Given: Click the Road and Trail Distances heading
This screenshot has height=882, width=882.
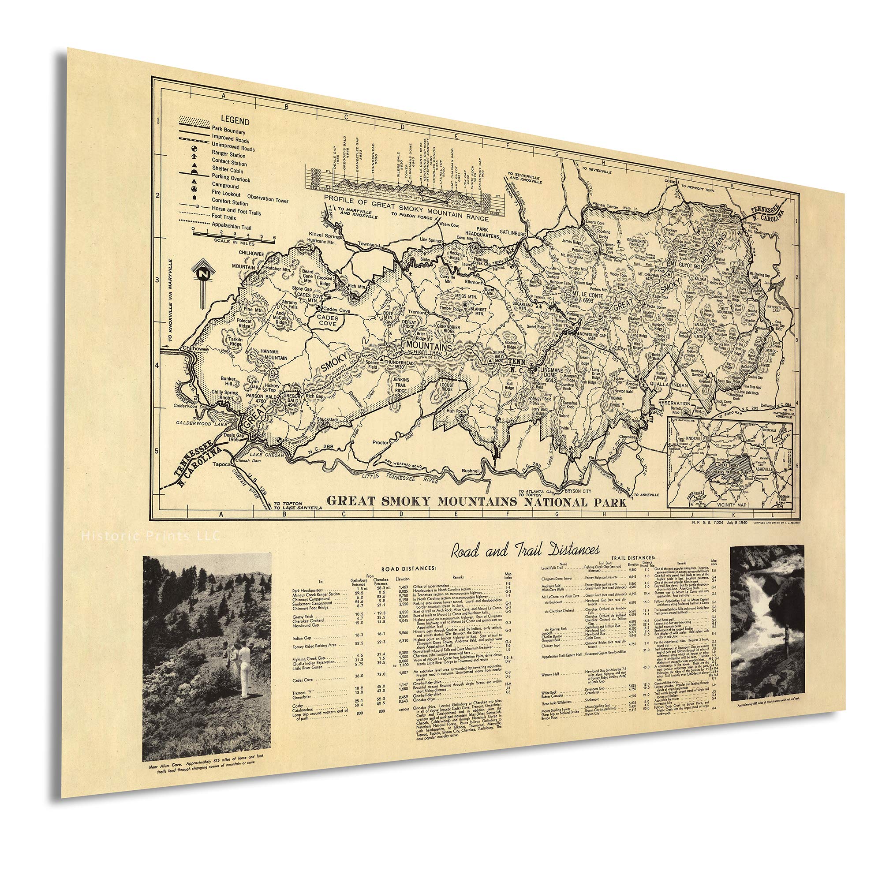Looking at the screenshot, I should tap(525, 549).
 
